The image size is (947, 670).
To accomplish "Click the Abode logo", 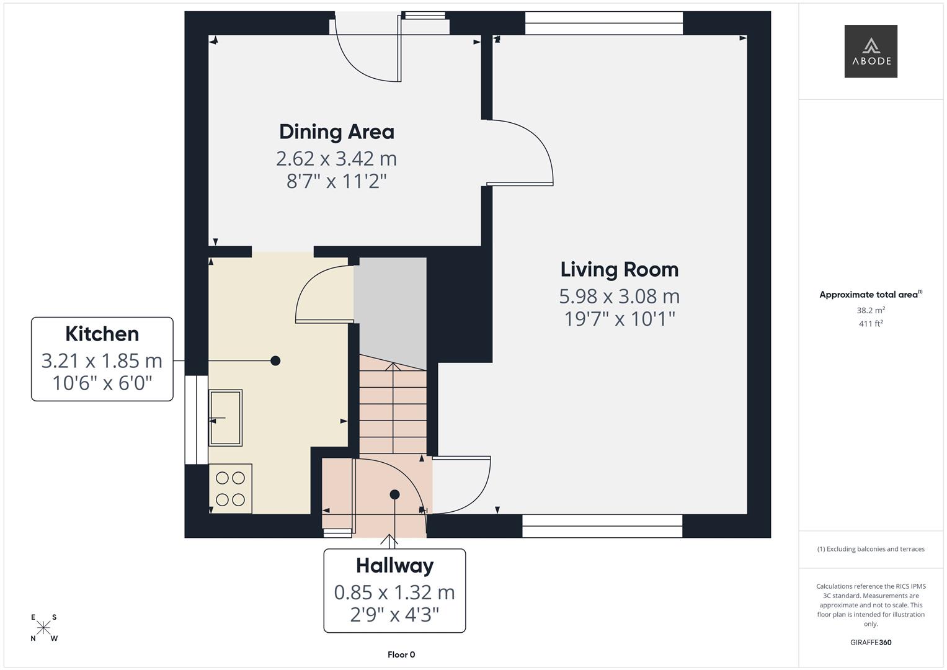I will (x=870, y=51).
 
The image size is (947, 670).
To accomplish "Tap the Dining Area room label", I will (x=336, y=132).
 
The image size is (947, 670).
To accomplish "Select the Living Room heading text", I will (x=619, y=269).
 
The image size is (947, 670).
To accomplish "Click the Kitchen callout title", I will (x=102, y=334).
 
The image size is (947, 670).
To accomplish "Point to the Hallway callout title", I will (x=394, y=565).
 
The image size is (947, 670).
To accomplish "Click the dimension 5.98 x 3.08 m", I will (x=619, y=297).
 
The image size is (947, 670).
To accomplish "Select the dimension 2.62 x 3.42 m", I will (x=336, y=159).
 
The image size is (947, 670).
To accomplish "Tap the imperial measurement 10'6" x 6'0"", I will (x=102, y=383).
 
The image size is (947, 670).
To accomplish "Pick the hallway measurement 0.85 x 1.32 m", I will (x=394, y=592).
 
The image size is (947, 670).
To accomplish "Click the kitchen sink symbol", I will (x=225, y=417).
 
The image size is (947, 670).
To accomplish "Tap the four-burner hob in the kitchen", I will (x=230, y=488).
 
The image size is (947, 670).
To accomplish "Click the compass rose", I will (x=43, y=628).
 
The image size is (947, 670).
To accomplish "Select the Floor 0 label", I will (x=401, y=654).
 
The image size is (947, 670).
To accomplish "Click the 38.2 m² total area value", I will (x=870, y=310).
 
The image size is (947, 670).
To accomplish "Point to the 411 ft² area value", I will (x=870, y=323).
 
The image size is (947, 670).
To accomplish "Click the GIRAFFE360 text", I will (x=870, y=642).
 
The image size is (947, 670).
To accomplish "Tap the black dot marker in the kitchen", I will (x=275, y=360).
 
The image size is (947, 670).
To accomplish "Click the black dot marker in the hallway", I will (x=394, y=494).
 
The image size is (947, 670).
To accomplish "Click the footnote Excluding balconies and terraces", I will (x=870, y=549).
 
